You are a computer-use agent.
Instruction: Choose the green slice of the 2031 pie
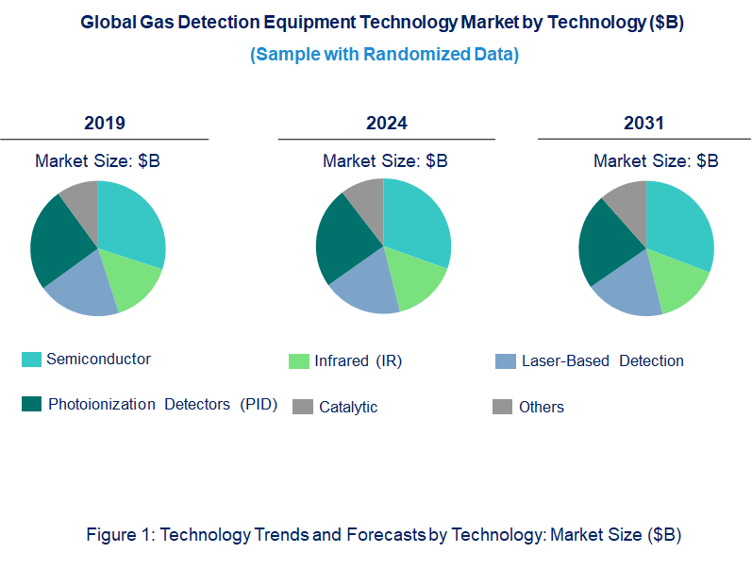(681, 288)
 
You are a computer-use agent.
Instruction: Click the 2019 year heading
(104, 124)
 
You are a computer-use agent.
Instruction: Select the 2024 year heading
(387, 124)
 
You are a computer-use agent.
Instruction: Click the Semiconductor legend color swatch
(31, 360)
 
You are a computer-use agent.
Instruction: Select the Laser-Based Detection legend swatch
(506, 361)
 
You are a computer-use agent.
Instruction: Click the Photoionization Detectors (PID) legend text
(162, 405)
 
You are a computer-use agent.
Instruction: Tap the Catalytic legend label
(348, 408)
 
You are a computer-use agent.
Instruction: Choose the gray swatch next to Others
(502, 407)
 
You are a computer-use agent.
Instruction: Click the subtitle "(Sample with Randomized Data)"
(384, 55)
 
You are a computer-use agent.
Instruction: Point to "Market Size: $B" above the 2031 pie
(656, 161)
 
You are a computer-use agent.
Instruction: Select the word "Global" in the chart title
(107, 24)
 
